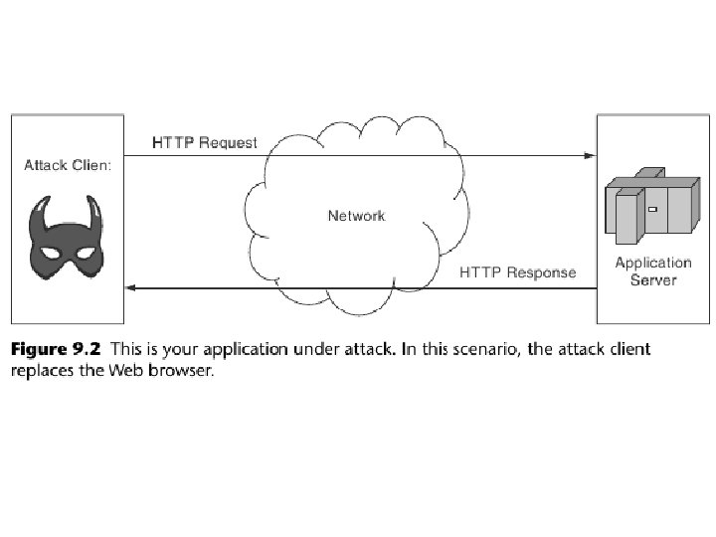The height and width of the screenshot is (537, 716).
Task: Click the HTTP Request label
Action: click(205, 143)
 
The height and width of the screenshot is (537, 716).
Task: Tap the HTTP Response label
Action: click(517, 272)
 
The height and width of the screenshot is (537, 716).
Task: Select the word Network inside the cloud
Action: click(357, 216)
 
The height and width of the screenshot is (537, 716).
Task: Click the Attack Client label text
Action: click(68, 165)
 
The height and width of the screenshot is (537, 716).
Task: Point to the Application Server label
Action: click(653, 271)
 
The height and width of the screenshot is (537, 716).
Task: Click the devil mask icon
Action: click(67, 238)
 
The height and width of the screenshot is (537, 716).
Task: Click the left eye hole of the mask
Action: click(51, 253)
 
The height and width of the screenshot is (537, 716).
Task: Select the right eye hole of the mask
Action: click(85, 253)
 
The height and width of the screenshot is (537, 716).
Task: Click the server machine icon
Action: click(652, 206)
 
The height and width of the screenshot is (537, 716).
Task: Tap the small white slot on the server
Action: click(653, 209)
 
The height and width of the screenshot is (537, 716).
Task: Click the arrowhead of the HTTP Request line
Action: click(591, 156)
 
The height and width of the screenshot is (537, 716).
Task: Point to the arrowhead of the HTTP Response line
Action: click(131, 287)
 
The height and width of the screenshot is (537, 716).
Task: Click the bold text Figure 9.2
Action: click(56, 349)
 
